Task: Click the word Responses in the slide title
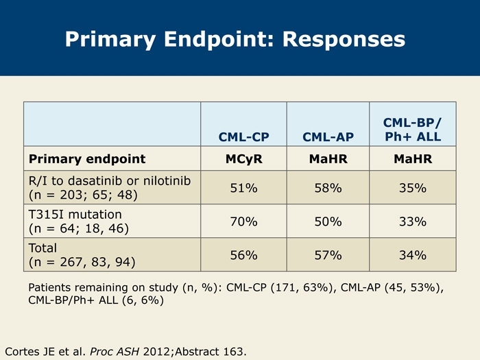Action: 344,40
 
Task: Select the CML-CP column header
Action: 243,137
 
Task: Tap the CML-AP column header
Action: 328,137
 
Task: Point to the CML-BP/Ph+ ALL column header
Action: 413,130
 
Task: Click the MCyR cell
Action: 243,159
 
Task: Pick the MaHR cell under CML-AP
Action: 328,159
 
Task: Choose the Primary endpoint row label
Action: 87,159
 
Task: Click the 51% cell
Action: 243,188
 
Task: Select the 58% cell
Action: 328,188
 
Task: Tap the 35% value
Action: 413,188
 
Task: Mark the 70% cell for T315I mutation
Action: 243,221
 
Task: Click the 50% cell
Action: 328,221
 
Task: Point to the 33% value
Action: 413,221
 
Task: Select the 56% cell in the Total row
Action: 243,255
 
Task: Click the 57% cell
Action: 328,255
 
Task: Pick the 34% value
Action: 413,255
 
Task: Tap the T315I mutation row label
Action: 75,214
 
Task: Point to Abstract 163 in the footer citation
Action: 211,351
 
